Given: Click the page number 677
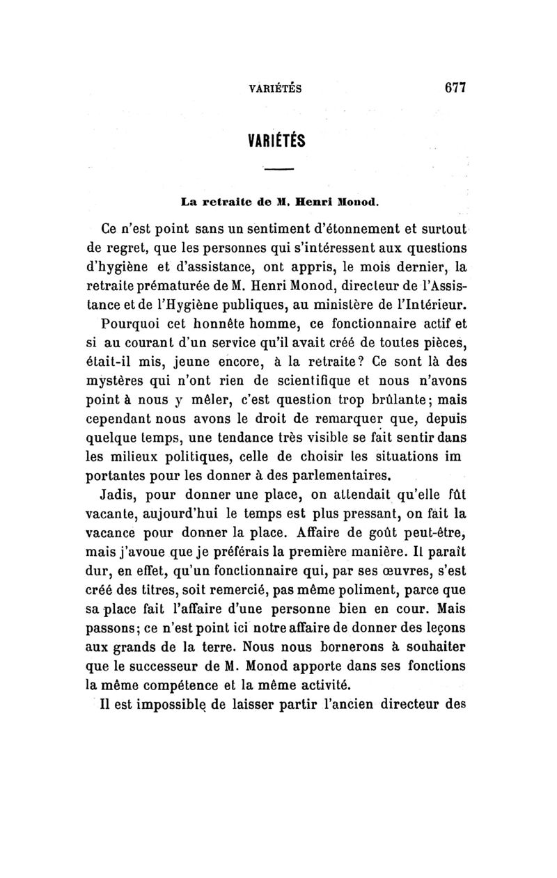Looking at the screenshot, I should click(x=453, y=88).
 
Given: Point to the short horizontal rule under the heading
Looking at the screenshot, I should click(x=279, y=170).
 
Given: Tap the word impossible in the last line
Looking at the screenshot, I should click(x=167, y=705).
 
